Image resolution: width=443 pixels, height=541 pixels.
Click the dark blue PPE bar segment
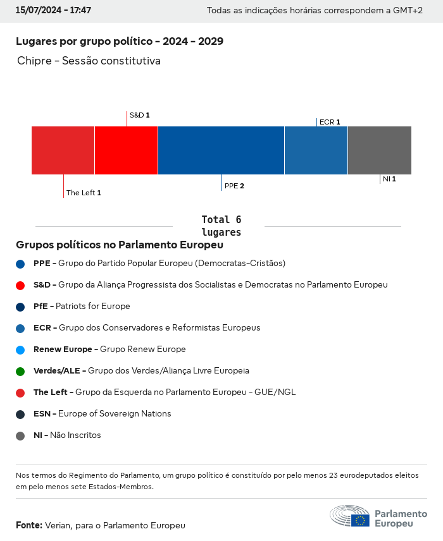coord(221,150)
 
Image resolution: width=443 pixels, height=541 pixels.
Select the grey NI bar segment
coord(379,150)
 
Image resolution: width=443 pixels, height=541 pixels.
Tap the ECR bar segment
coord(316,150)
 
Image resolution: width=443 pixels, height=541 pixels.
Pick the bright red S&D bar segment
coord(126,150)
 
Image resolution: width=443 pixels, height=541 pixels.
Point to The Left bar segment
coord(63,150)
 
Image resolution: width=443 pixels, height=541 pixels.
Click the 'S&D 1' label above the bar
coord(139,115)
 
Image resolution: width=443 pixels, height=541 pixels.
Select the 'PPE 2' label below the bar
coord(234,186)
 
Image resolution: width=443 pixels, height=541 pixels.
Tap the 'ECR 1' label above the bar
coord(330,122)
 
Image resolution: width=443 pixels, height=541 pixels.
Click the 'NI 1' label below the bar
coord(389,179)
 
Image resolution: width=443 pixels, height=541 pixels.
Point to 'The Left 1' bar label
coord(84,193)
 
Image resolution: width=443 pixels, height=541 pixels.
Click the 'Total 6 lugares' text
coord(221,226)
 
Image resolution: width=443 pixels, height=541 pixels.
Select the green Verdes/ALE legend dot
coord(20,371)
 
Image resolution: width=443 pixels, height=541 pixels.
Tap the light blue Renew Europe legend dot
coord(20,350)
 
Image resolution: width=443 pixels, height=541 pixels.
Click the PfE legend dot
coord(20,307)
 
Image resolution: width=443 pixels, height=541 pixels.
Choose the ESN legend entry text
coord(102,414)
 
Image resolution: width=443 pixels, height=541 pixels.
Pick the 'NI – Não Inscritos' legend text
coord(67,435)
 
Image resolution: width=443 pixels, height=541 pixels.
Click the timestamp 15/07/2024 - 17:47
coord(53,11)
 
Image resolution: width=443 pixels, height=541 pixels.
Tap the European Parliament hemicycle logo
coord(349,516)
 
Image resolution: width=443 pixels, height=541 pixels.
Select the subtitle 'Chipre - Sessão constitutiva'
coord(89,61)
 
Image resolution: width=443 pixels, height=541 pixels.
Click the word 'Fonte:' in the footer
coord(29,525)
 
